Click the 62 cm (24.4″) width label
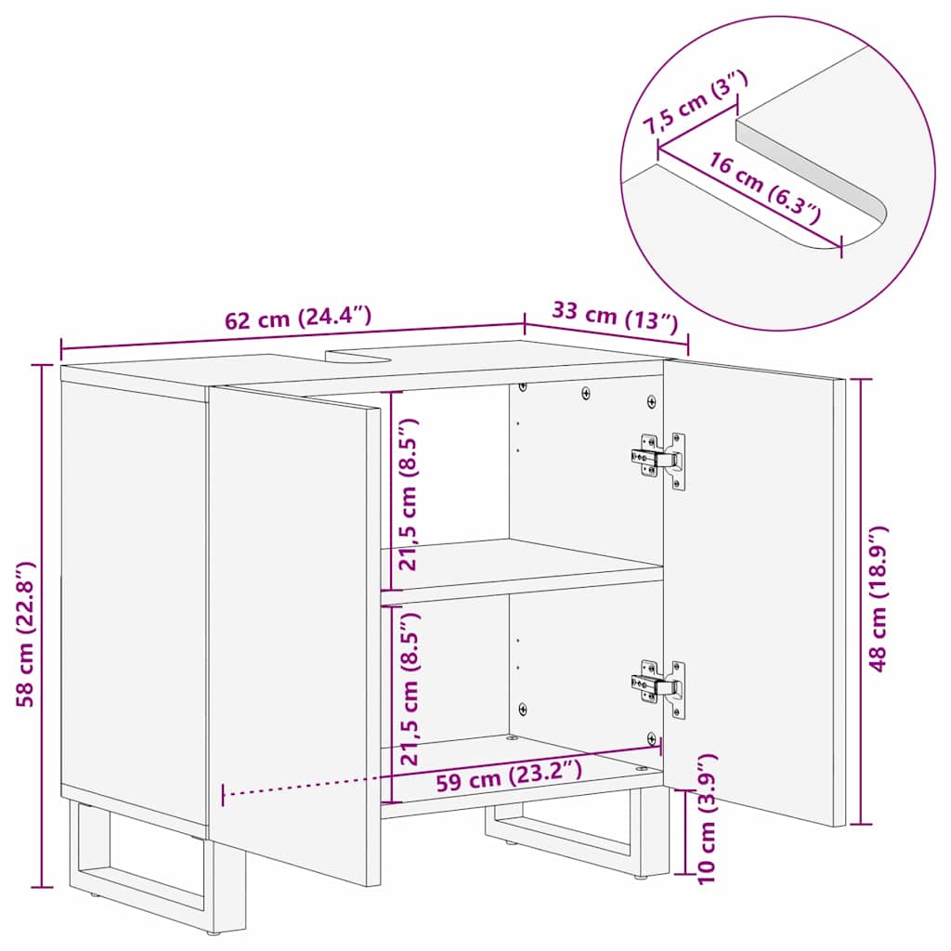point(298,319)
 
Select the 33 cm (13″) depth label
point(614,316)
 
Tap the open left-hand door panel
point(293,632)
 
